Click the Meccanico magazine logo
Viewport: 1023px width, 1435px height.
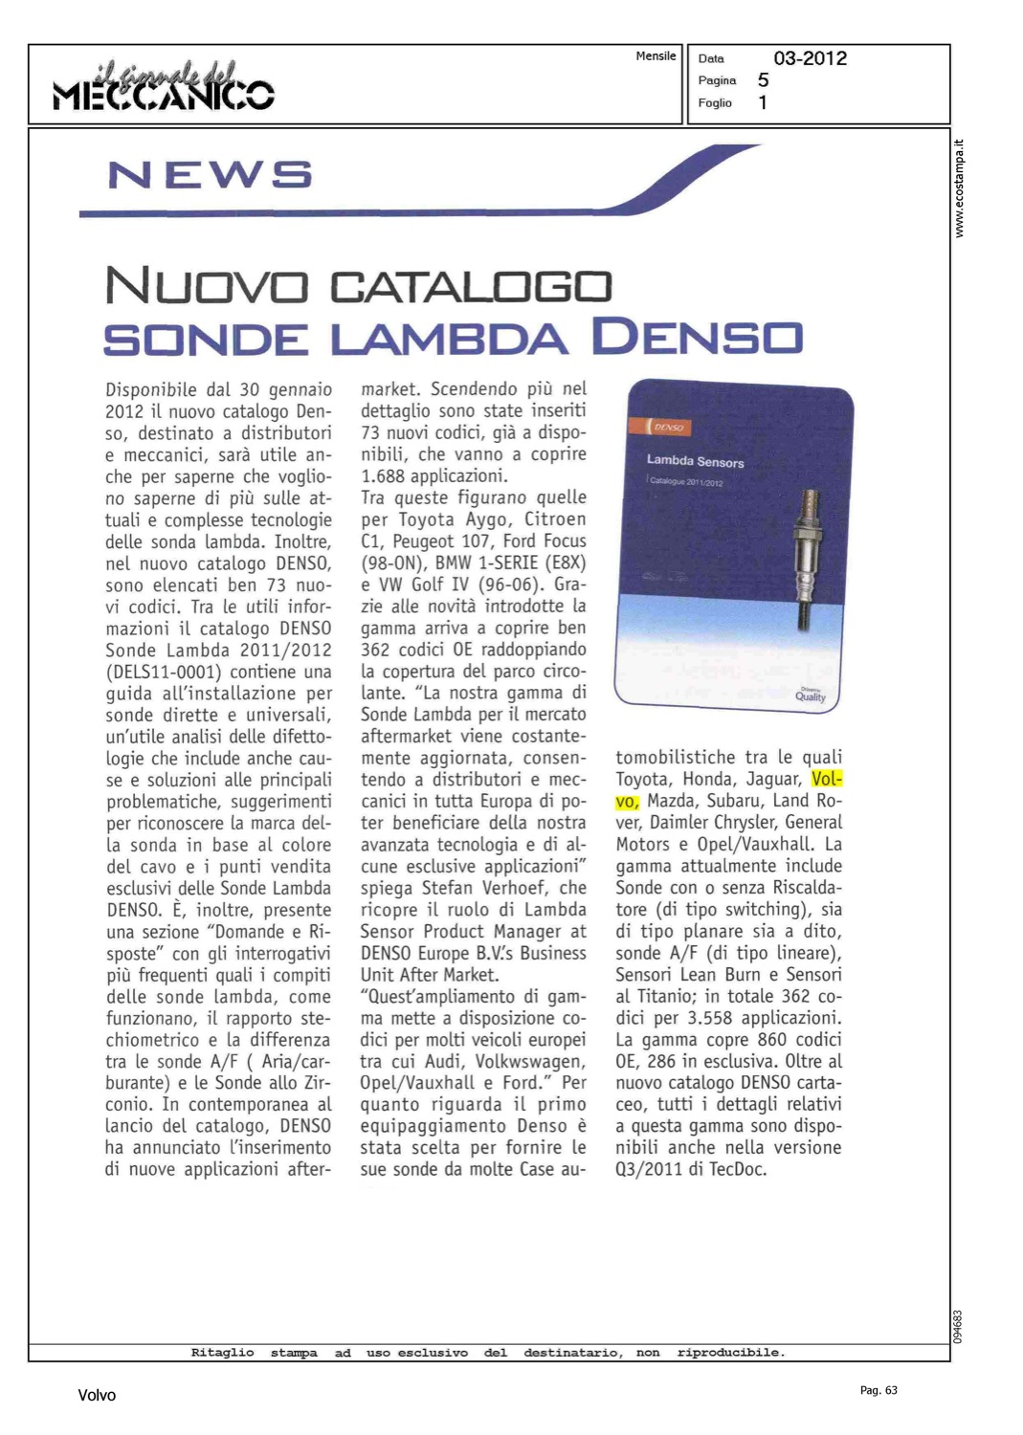click(x=164, y=86)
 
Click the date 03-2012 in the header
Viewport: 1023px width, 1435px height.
click(x=810, y=58)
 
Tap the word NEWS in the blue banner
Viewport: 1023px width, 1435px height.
click(x=210, y=175)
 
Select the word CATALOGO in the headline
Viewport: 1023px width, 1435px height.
click(x=470, y=287)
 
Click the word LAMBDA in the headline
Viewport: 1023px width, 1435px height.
click(x=449, y=339)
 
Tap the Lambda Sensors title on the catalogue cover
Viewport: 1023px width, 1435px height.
click(x=695, y=461)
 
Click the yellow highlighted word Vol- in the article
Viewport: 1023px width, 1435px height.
click(x=827, y=779)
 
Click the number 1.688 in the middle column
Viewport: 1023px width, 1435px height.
click(x=389, y=475)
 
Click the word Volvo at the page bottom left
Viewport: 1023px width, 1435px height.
click(x=97, y=1396)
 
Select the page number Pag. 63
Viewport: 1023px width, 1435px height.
click(x=878, y=1390)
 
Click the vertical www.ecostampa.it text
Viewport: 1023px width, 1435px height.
click(x=960, y=189)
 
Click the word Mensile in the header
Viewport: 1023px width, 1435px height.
click(x=656, y=56)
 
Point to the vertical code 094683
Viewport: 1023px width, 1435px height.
click(x=959, y=1326)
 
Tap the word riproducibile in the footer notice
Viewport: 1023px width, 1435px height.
click(x=730, y=1353)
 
